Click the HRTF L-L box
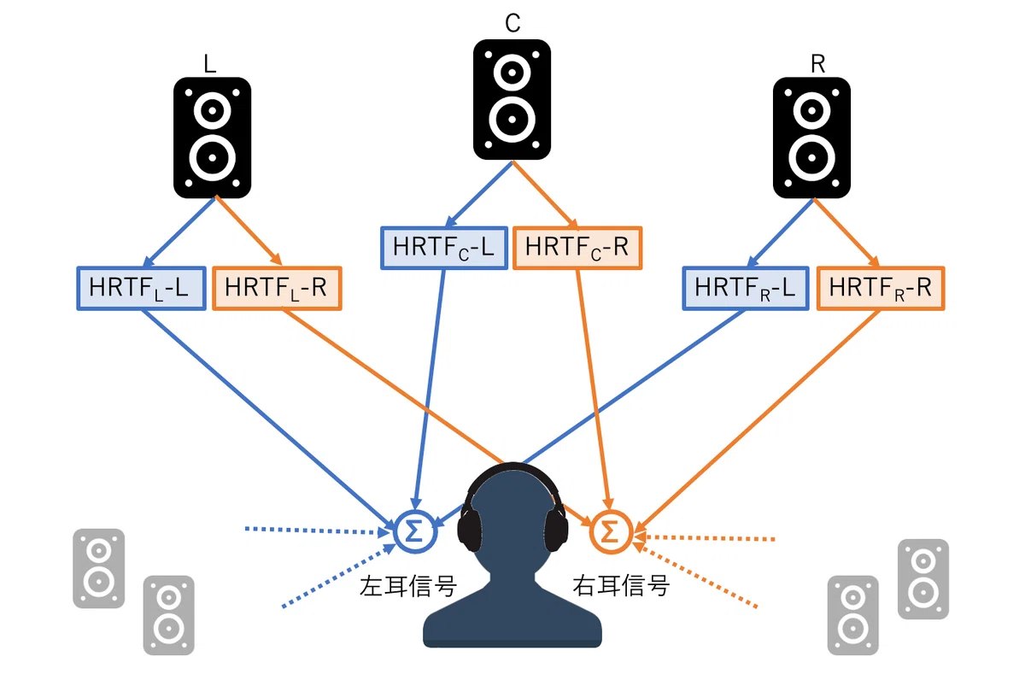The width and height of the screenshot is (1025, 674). pos(141,288)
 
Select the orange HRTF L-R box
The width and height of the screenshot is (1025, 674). pos(278,288)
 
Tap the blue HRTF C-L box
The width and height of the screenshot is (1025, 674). pos(444,248)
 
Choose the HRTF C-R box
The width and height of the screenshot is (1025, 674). pos(577,248)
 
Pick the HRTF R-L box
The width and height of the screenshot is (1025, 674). pos(746,288)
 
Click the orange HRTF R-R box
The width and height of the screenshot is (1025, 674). pos(881,288)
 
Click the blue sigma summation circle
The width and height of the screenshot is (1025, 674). pos(415,531)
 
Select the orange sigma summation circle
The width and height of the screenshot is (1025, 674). pos(611,531)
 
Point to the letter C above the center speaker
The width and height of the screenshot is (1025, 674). pos(513,22)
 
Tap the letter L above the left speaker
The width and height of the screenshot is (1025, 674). pos(209,63)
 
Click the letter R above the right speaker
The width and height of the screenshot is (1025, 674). pos(817,63)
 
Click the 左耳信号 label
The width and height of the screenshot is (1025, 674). pos(408,586)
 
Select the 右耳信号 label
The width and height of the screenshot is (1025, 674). pos(622,586)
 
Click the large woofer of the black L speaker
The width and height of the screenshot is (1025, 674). pos(213,158)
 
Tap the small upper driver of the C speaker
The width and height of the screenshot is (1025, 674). pos(512,73)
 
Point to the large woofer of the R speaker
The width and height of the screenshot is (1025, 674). pos(811,158)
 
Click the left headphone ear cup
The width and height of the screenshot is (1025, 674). pos(470,526)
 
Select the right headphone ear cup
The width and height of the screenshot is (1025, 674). pos(556,526)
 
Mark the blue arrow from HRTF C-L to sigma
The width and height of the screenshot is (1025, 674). pos(429,390)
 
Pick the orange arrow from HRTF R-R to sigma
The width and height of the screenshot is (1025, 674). pos(758,421)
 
